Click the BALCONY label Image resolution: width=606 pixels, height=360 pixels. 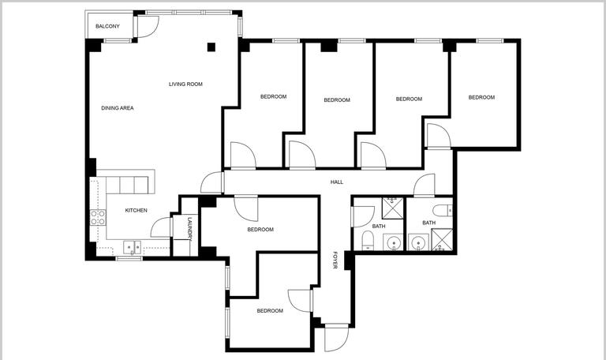(107, 27)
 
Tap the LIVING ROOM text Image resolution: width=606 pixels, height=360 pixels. (186, 84)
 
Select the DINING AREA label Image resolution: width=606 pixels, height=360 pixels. (117, 107)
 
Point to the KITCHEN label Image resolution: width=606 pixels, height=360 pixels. (137, 210)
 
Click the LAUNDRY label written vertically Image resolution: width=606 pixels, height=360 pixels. (190, 229)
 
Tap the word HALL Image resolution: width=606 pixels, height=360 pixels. (337, 182)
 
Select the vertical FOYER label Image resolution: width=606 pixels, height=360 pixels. (335, 261)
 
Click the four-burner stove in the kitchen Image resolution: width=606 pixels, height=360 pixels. (98, 217)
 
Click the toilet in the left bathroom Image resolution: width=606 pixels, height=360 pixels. (367, 240)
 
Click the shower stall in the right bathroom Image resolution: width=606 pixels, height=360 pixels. (442, 239)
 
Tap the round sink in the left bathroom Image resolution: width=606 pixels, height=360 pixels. (392, 242)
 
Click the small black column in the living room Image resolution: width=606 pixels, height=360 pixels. (211, 47)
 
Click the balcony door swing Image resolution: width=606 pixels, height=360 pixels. (147, 27)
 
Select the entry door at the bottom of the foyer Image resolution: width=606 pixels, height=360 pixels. (337, 339)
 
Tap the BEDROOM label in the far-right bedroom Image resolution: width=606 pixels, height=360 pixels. (481, 97)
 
